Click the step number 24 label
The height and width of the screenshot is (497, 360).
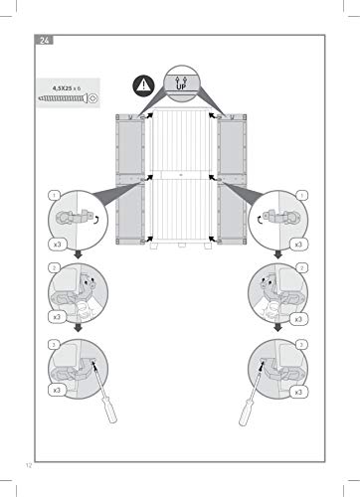tap(44, 41)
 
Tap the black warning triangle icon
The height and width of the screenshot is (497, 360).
tap(143, 85)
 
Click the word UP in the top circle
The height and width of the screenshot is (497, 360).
tap(181, 87)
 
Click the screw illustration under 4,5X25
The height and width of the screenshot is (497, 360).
tap(68, 98)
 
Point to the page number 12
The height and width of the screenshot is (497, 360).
tap(29, 465)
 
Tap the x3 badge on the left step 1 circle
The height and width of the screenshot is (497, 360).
tap(58, 245)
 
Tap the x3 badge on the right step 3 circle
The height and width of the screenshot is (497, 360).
tap(298, 392)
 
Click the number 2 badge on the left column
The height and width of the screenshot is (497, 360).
tap(54, 267)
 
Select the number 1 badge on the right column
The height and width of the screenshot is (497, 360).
tap(301, 196)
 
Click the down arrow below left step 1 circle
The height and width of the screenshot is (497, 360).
tap(79, 254)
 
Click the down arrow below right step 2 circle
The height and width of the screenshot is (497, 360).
tap(278, 327)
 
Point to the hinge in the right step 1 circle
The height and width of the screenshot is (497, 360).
tap(281, 217)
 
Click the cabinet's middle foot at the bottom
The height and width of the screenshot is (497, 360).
tap(181, 246)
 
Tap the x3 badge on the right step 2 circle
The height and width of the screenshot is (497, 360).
tap(298, 319)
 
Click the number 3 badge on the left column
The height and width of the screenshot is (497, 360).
tap(54, 345)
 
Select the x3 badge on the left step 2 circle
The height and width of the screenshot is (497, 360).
tap(58, 317)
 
